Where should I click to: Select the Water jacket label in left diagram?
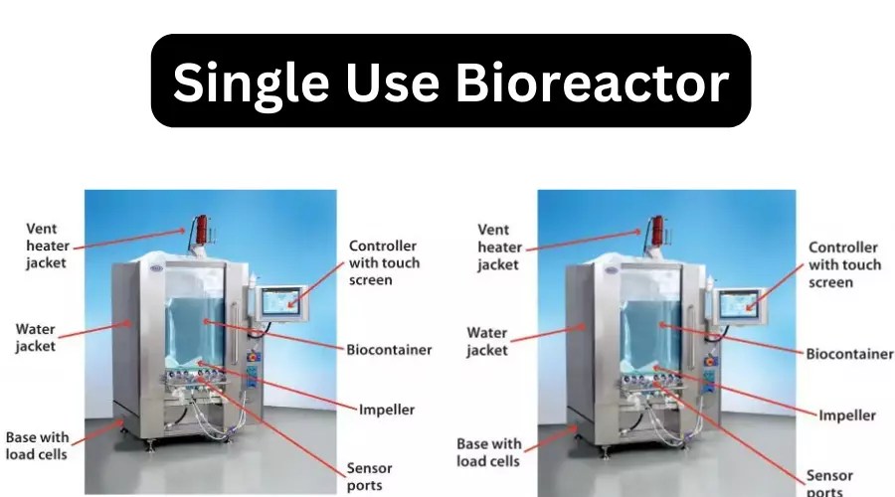point(35,337)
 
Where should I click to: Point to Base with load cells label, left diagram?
point(37,446)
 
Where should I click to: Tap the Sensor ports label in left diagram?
point(369,477)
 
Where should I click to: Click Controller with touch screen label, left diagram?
point(384,263)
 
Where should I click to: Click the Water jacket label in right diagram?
point(487,341)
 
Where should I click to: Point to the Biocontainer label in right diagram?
point(848,353)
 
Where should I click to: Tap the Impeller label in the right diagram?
point(847,415)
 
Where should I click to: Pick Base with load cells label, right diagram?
point(488,452)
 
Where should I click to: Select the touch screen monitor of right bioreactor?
point(740,302)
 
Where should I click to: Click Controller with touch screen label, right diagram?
point(844,264)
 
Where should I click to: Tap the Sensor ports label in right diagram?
point(830,483)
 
